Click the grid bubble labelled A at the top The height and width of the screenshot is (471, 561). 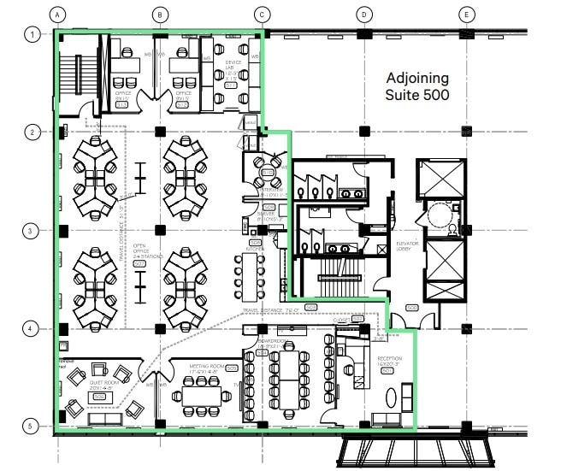tap(57, 15)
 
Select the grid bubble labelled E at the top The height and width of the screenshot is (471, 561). tap(466, 15)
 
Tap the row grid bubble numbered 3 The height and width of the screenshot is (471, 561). tap(32, 231)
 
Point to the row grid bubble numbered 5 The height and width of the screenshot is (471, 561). tap(32, 425)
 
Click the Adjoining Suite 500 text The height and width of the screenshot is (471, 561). tap(416, 85)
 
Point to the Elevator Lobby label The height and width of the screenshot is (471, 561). tap(407, 247)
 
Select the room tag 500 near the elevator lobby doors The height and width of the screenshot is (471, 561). tap(410, 307)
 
